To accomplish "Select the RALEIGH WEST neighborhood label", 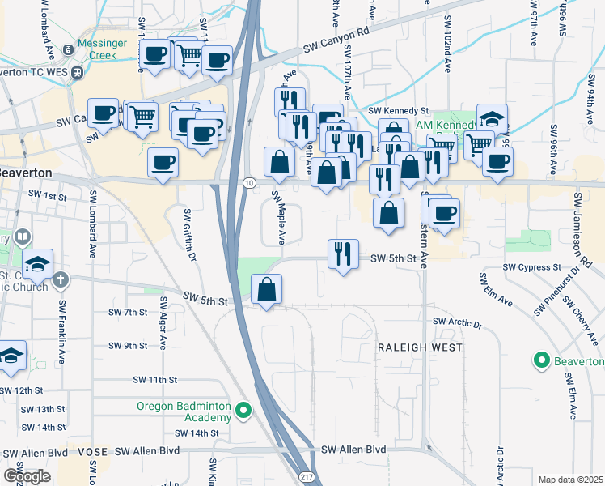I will pyautogui.click(x=421, y=347).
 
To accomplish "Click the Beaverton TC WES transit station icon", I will pyautogui.click(x=78, y=71).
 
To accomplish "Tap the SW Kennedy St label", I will pyautogui.click(x=398, y=110).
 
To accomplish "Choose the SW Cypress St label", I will pyautogui.click(x=531, y=266).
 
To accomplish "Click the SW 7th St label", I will pyautogui.click(x=128, y=312).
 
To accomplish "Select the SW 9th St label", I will pyautogui.click(x=128, y=345).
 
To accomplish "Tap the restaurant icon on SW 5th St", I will pyautogui.click(x=344, y=254).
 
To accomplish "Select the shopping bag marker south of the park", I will pyautogui.click(x=266, y=288).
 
